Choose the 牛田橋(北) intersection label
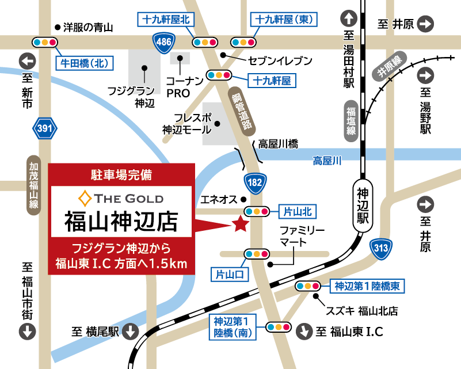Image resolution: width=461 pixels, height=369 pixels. [85, 63]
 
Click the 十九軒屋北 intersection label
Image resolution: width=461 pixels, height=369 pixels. [165, 19]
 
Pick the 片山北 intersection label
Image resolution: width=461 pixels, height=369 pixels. [298, 212]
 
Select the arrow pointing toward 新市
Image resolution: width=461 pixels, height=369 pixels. [27, 60]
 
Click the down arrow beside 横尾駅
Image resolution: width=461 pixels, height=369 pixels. [131, 331]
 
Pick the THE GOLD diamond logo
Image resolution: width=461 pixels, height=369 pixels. [86, 199]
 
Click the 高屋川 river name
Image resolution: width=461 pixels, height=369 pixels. [327, 161]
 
